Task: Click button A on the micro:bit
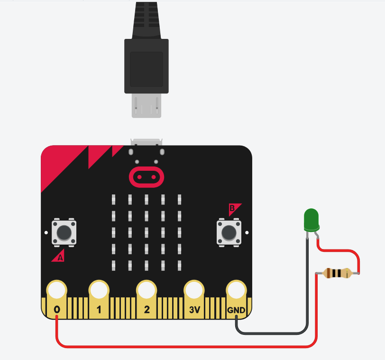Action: point(64,232)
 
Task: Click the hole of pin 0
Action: point(56,289)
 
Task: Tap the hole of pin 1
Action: point(99,289)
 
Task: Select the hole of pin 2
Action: point(147,289)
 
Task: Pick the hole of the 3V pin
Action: point(193,289)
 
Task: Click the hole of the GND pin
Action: point(236,289)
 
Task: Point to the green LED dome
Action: point(311,220)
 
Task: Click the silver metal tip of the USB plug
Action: point(147,105)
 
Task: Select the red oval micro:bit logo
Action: point(147,177)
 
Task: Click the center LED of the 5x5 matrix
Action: point(147,231)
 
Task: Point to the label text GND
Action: point(236,310)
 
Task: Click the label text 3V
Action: point(193,310)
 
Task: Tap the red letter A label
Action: point(59,258)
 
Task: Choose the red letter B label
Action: point(233,208)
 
